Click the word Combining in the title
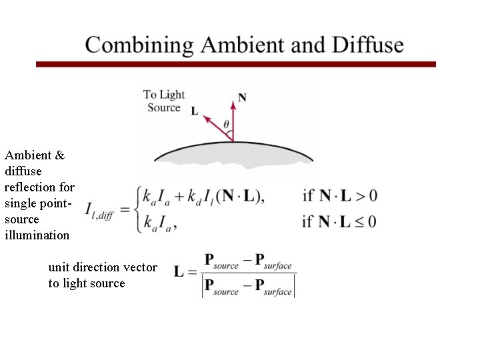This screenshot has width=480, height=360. (139, 45)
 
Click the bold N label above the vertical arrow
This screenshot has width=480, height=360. (242, 97)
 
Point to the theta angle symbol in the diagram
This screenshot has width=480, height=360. (227, 124)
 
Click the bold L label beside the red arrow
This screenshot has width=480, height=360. (195, 111)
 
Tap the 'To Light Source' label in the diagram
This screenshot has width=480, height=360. (164, 101)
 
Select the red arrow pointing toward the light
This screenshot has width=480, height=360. (217, 127)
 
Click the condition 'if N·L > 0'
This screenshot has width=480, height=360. (339, 196)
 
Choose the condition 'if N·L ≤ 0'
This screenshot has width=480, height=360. (339, 221)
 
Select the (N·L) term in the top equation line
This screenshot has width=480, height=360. (238, 196)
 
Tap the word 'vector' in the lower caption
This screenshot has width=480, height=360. (141, 267)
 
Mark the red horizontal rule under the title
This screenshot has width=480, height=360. (235, 65)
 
